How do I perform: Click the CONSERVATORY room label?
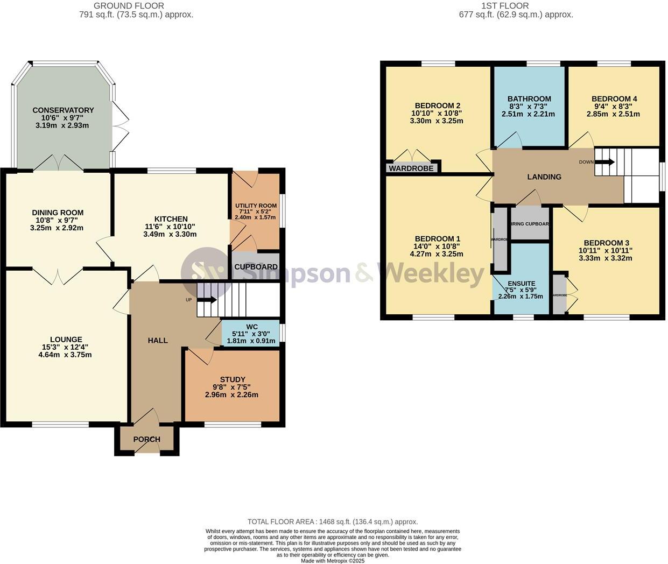pyautogui.click(x=63, y=110)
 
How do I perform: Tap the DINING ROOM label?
pyautogui.click(x=58, y=213)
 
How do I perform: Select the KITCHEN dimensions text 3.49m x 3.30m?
pyautogui.click(x=171, y=234)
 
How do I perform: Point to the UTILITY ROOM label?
pyautogui.click(x=256, y=206)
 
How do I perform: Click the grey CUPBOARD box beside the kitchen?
pyautogui.click(x=256, y=266)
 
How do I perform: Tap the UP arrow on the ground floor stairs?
pyautogui.click(x=207, y=300)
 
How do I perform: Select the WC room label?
pyautogui.click(x=252, y=327)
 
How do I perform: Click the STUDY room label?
pyautogui.click(x=233, y=379)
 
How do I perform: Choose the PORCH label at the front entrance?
pyautogui.click(x=146, y=439)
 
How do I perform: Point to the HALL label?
pyautogui.click(x=158, y=340)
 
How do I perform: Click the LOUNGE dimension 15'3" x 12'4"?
pyautogui.click(x=66, y=347)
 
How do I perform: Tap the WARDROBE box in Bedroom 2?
pyautogui.click(x=411, y=168)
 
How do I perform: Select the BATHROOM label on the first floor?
pyautogui.click(x=529, y=98)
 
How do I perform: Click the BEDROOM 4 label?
pyautogui.click(x=614, y=98)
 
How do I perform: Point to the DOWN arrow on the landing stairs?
pyautogui.click(x=604, y=162)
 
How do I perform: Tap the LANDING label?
pyautogui.click(x=544, y=177)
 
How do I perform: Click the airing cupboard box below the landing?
pyautogui.click(x=530, y=224)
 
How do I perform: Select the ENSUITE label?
pyautogui.click(x=521, y=283)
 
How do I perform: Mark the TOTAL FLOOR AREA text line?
pyautogui.click(x=333, y=521)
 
